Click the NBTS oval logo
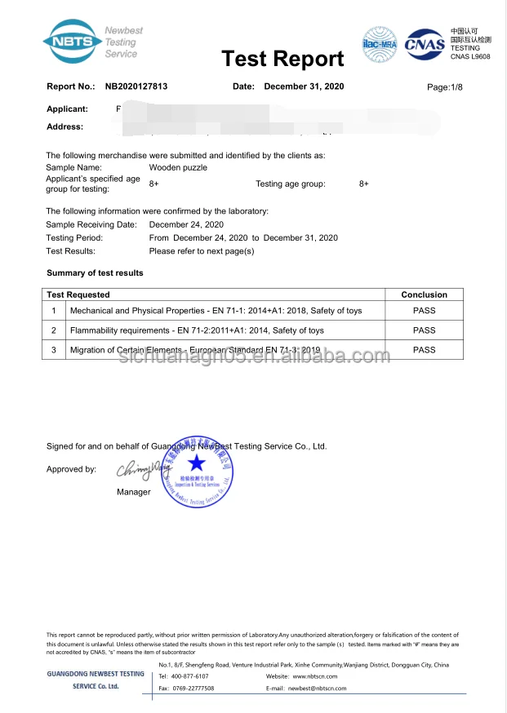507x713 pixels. pyautogui.click(x=73, y=40)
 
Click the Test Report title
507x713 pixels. pyautogui.click(x=282, y=59)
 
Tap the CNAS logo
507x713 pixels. pyautogui.click(x=426, y=42)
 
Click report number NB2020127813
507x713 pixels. pyautogui.click(x=136, y=86)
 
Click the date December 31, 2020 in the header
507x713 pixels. pyautogui.click(x=305, y=86)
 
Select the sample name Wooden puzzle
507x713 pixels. pyautogui.click(x=178, y=167)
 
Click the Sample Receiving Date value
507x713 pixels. pyautogui.click(x=186, y=224)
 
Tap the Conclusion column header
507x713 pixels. pyautogui.click(x=424, y=294)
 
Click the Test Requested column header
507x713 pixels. pyautogui.click(x=78, y=294)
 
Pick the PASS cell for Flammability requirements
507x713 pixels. pyautogui.click(x=424, y=330)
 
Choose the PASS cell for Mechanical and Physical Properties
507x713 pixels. pyautogui.click(x=424, y=311)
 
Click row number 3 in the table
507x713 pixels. pyautogui.click(x=54, y=350)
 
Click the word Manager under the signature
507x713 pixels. pyautogui.click(x=134, y=492)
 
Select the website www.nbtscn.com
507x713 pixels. pyautogui.click(x=310, y=676)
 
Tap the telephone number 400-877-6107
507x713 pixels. pyautogui.click(x=189, y=676)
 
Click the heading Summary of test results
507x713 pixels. pyautogui.click(x=95, y=272)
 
